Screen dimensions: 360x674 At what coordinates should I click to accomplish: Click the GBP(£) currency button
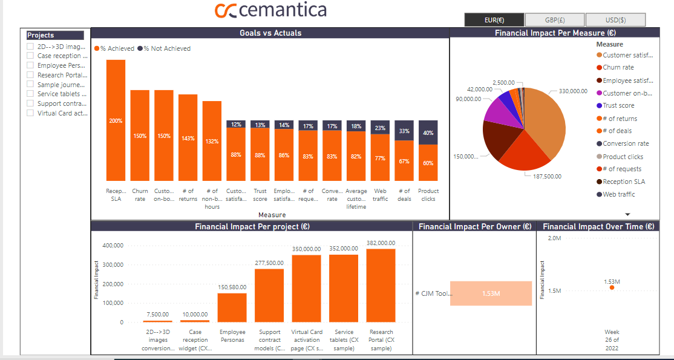[555, 20]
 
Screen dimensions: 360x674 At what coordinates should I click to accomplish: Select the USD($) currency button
[615, 20]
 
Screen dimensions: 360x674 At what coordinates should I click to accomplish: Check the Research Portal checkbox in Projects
[30, 75]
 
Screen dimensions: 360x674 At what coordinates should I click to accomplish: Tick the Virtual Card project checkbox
[30, 113]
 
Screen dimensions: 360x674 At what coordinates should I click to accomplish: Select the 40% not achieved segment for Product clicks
[428, 133]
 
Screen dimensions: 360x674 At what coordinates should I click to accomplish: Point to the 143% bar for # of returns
[188, 137]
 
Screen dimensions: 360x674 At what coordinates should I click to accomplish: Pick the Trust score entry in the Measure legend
[618, 105]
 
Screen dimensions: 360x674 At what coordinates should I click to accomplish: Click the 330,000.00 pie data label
[573, 91]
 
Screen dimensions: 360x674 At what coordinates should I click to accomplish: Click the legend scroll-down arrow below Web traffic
[627, 214]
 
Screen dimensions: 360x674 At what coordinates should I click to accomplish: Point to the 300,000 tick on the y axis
[114, 264]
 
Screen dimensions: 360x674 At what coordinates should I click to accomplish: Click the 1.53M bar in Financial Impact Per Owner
[491, 293]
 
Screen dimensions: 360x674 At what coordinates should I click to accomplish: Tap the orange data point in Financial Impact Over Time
[612, 287]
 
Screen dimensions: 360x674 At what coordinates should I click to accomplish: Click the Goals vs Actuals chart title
[270, 33]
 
